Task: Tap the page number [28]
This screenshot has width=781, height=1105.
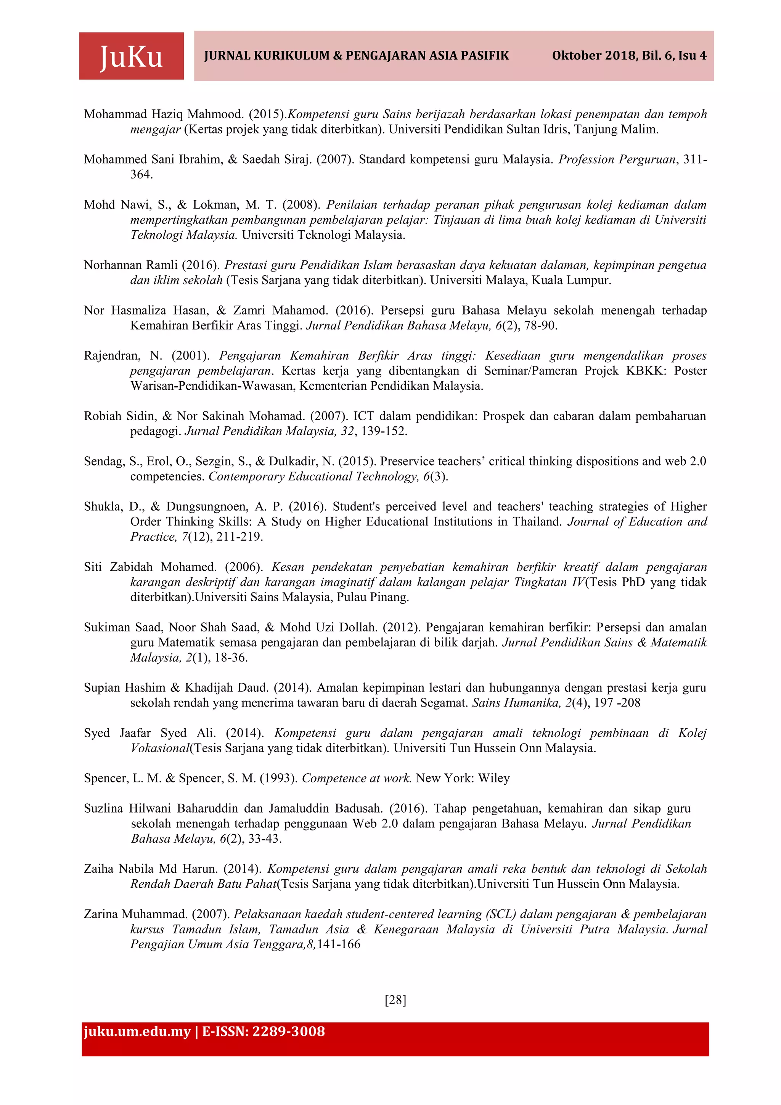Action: tap(395, 1000)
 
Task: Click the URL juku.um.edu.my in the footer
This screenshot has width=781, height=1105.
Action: tap(137, 1032)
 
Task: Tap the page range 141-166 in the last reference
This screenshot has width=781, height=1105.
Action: tap(338, 944)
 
